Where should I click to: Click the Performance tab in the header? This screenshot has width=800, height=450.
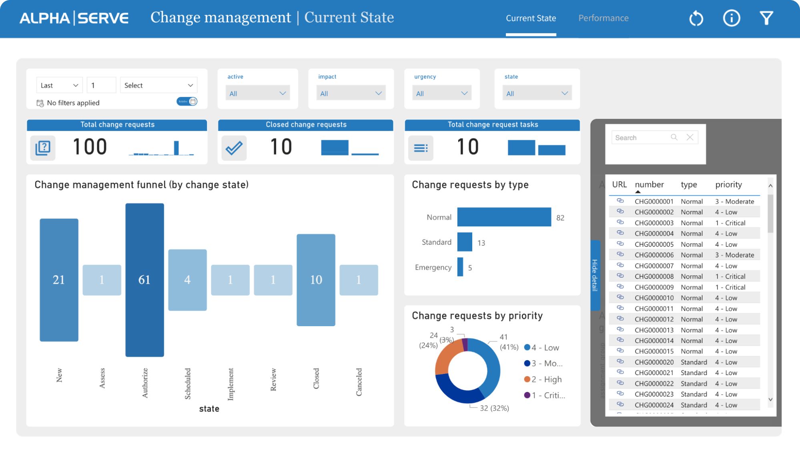point(603,18)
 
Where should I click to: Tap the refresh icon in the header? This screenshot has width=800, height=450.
point(696,18)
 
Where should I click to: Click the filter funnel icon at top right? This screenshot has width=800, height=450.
point(766,18)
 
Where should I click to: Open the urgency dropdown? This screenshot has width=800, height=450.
point(441,93)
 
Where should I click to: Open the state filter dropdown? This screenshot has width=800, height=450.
point(537,93)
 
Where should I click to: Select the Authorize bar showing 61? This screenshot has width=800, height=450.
point(144,280)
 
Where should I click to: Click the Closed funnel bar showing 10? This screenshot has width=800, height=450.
point(316,280)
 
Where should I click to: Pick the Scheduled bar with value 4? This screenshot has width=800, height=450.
point(187,280)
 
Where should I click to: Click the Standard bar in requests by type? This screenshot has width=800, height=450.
point(465,242)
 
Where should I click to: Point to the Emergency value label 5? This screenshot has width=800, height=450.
point(470,268)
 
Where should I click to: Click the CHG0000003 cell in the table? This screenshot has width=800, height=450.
point(654,223)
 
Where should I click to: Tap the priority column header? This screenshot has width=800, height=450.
point(728,185)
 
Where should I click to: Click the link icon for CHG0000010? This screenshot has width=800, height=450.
point(620,297)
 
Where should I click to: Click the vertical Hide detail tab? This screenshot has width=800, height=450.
point(595,275)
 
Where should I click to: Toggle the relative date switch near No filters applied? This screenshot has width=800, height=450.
point(187,101)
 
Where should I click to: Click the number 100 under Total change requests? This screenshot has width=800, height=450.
point(90,147)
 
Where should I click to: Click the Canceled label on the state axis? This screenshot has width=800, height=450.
point(359,382)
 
